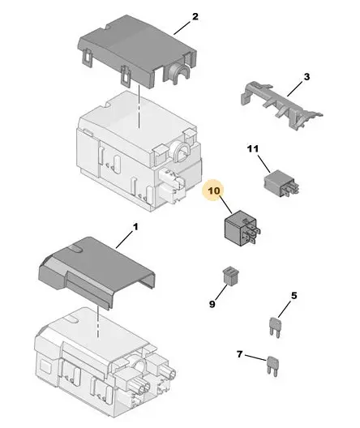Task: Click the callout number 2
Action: click(x=195, y=17)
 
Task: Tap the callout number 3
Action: click(x=306, y=77)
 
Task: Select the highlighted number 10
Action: click(x=214, y=190)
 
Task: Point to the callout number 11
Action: click(x=253, y=149)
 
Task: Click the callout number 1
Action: click(x=135, y=227)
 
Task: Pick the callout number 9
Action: click(x=212, y=304)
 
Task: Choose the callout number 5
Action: click(x=294, y=296)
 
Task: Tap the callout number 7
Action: click(x=239, y=354)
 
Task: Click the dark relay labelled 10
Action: click(x=242, y=229)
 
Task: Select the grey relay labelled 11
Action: click(x=281, y=183)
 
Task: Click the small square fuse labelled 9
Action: click(x=231, y=275)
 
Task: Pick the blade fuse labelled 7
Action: click(x=272, y=366)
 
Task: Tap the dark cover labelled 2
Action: click(x=138, y=51)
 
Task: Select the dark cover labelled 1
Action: click(x=98, y=273)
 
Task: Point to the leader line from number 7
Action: click(x=255, y=357)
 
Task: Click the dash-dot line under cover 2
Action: click(x=139, y=106)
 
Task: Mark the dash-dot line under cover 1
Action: click(x=97, y=322)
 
